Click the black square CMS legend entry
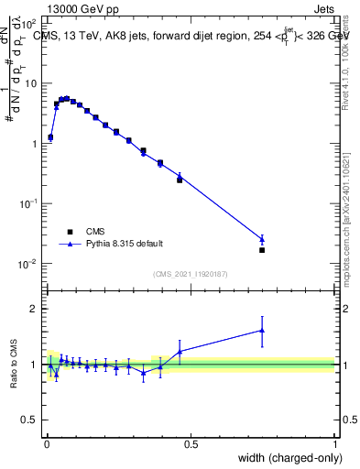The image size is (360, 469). [70, 232]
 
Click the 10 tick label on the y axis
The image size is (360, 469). [30, 83]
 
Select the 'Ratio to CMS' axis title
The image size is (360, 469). [14, 365]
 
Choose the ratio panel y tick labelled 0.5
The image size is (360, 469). [30, 420]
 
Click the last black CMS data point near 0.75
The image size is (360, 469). [262, 249]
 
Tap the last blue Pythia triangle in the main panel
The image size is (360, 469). [262, 240]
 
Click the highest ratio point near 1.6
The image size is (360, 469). [262, 331]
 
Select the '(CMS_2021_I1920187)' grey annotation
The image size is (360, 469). [190, 274]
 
